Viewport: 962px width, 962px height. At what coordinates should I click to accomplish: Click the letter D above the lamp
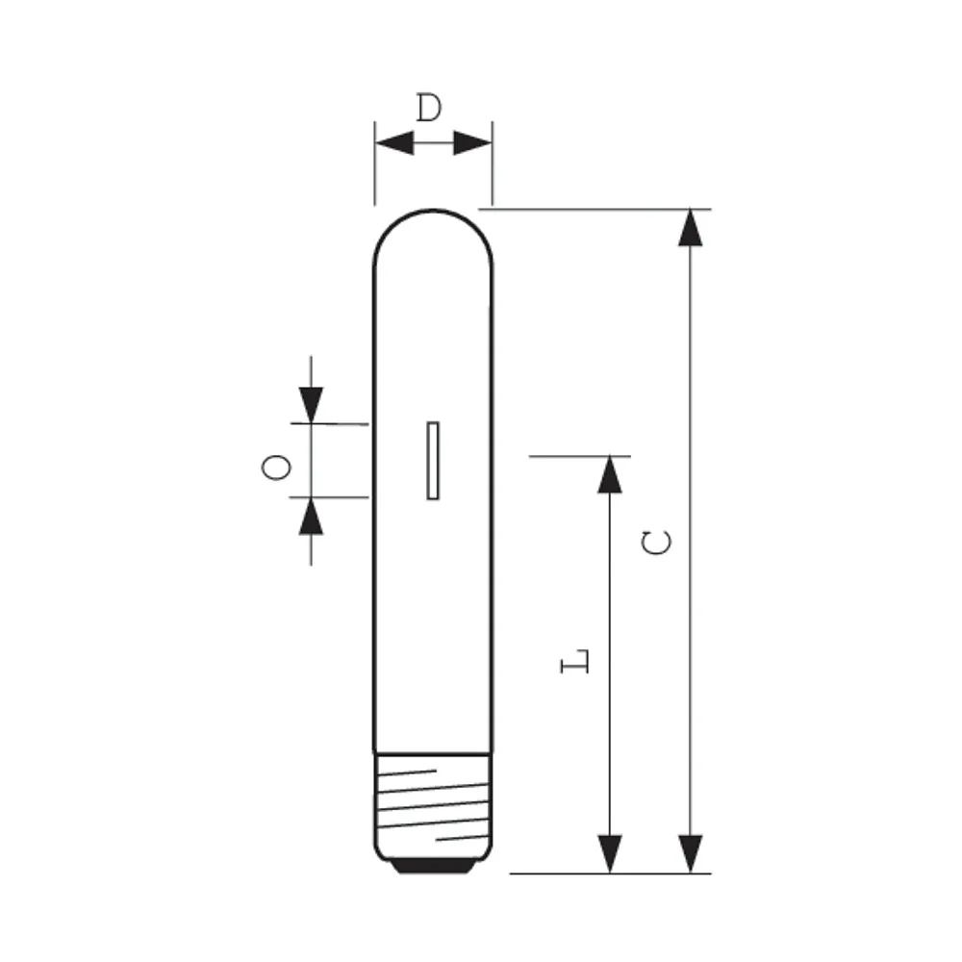(x=429, y=108)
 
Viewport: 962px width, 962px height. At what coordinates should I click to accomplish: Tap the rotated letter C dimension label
(x=656, y=543)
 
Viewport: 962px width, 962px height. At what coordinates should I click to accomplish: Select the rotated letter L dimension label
(x=575, y=662)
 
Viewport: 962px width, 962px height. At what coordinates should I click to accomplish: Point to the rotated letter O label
(x=276, y=468)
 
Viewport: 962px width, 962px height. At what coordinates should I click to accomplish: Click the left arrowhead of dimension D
(x=394, y=143)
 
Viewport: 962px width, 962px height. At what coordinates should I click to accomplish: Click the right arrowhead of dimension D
(x=472, y=143)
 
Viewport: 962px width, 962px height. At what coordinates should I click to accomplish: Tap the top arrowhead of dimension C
(x=690, y=228)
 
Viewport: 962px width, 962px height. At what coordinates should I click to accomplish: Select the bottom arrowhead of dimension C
(x=690, y=854)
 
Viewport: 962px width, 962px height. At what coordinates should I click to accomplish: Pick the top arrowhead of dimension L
(x=610, y=475)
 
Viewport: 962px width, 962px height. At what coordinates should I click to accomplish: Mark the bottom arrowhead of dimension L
(x=610, y=854)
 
